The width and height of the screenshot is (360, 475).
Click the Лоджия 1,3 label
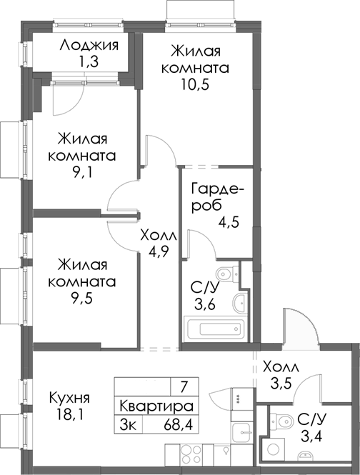click(89, 54)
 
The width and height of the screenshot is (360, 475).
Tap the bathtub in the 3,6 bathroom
click(214, 331)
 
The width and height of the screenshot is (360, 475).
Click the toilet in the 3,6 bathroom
click(226, 271)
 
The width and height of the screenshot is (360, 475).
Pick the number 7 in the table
click(184, 388)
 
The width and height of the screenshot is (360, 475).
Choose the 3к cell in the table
click(130, 424)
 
